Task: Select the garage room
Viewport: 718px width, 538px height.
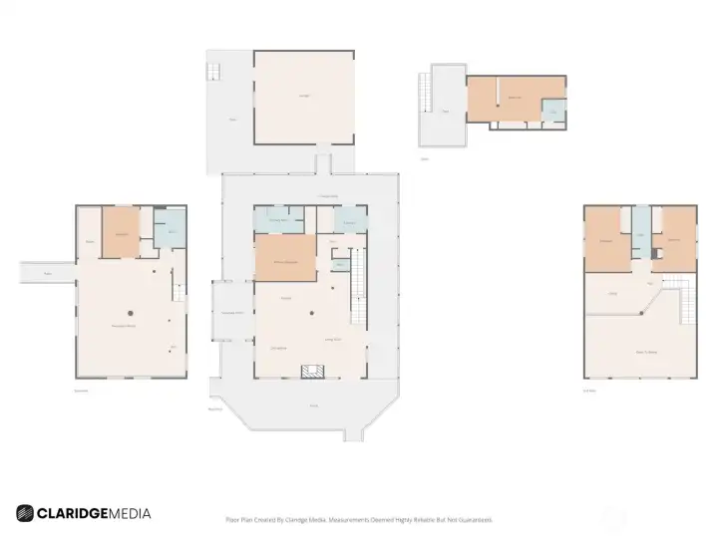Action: [303, 97]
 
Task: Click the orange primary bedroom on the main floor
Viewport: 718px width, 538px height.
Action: [285, 260]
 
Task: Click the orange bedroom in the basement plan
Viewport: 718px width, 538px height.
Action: [122, 233]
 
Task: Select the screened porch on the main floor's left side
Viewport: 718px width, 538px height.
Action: [232, 312]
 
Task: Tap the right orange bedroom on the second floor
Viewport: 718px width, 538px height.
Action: [674, 239]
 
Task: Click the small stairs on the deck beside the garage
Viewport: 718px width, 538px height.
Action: [212, 72]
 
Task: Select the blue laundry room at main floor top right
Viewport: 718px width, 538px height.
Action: [349, 219]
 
